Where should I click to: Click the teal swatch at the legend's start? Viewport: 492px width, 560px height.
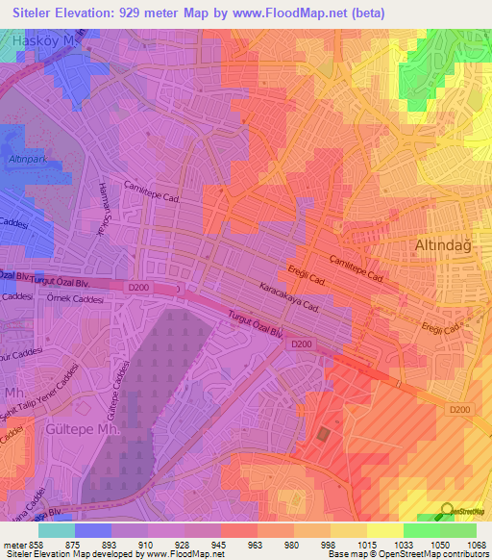point(57,530)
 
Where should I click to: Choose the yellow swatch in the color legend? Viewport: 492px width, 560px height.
point(385,530)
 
